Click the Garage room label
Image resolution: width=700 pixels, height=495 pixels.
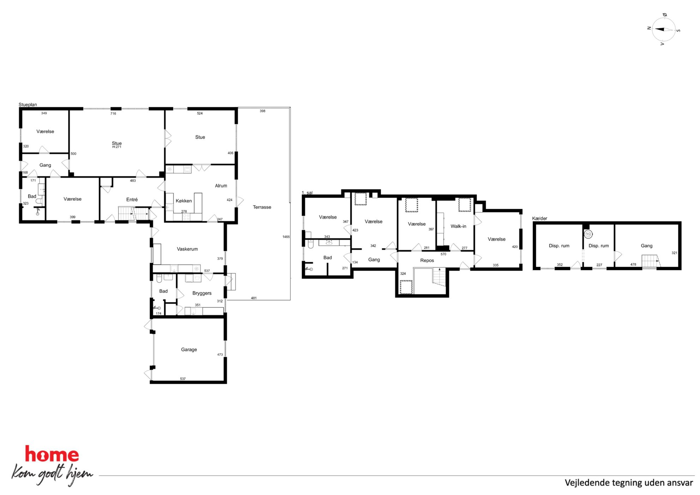[x=189, y=350]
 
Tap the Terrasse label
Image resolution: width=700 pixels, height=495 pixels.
[x=262, y=207]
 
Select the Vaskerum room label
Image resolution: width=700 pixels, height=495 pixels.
[x=187, y=249]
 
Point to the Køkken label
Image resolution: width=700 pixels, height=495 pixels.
[x=184, y=201]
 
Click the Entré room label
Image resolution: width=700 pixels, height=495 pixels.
[x=132, y=199]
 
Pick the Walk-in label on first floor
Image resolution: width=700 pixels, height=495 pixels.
[x=458, y=226]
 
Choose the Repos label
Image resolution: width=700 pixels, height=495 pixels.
[x=427, y=260]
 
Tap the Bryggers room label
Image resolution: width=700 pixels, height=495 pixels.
[x=202, y=293]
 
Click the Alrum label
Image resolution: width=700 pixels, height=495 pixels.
[x=221, y=186]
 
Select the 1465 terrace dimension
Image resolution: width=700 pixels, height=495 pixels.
[x=286, y=237]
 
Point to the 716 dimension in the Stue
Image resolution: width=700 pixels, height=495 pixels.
[x=113, y=113]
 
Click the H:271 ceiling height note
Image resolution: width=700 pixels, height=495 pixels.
[x=117, y=147]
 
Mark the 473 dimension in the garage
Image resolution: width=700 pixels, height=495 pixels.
[x=220, y=355]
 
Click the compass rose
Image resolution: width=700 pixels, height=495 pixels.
[x=664, y=30]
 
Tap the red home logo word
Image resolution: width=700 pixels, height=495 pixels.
[x=52, y=454]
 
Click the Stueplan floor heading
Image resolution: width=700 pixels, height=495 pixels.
[x=28, y=105]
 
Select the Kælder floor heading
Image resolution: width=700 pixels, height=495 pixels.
[x=539, y=218]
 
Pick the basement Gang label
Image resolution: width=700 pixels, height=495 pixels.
[x=646, y=246]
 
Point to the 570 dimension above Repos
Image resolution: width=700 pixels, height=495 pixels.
[x=443, y=254]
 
